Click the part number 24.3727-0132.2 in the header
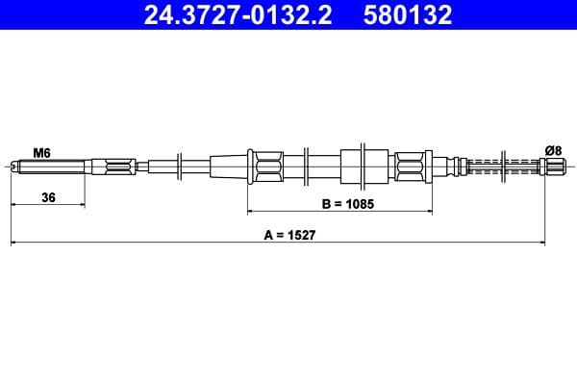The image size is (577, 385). click(238, 14)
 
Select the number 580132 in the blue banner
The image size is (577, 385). click(408, 14)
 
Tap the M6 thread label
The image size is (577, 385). click(41, 152)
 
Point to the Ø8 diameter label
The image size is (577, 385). click(554, 151)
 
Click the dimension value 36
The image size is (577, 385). click(48, 197)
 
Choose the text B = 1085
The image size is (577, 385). click(348, 204)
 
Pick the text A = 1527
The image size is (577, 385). click(290, 235)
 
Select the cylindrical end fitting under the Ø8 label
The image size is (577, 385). click(552, 167)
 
